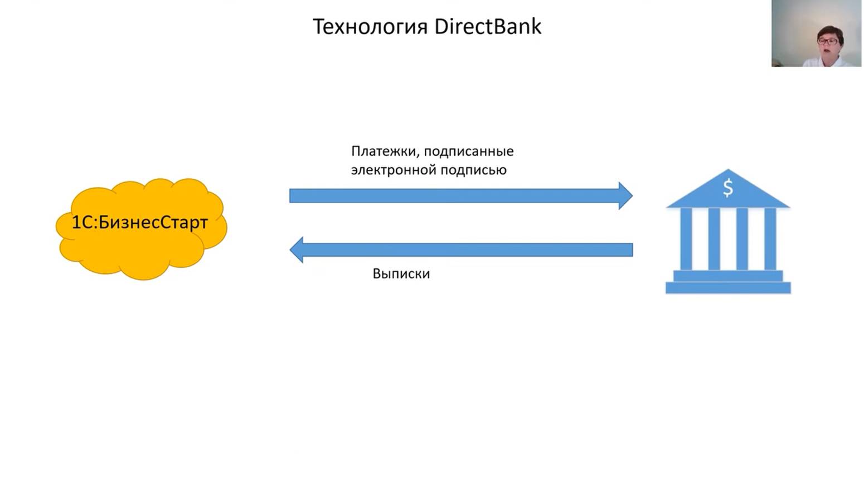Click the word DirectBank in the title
pos(487,27)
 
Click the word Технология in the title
pos(370,27)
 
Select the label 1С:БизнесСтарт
pos(140,222)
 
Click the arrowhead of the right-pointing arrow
pos(625,195)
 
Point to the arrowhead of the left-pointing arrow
pos(297,249)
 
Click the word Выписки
pos(401,274)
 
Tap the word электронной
pos(386,170)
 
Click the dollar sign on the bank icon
pos(728,188)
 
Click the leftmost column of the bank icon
pos(686,238)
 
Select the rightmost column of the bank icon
pos(770,238)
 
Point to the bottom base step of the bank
pos(728,287)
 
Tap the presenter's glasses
pos(828,41)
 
